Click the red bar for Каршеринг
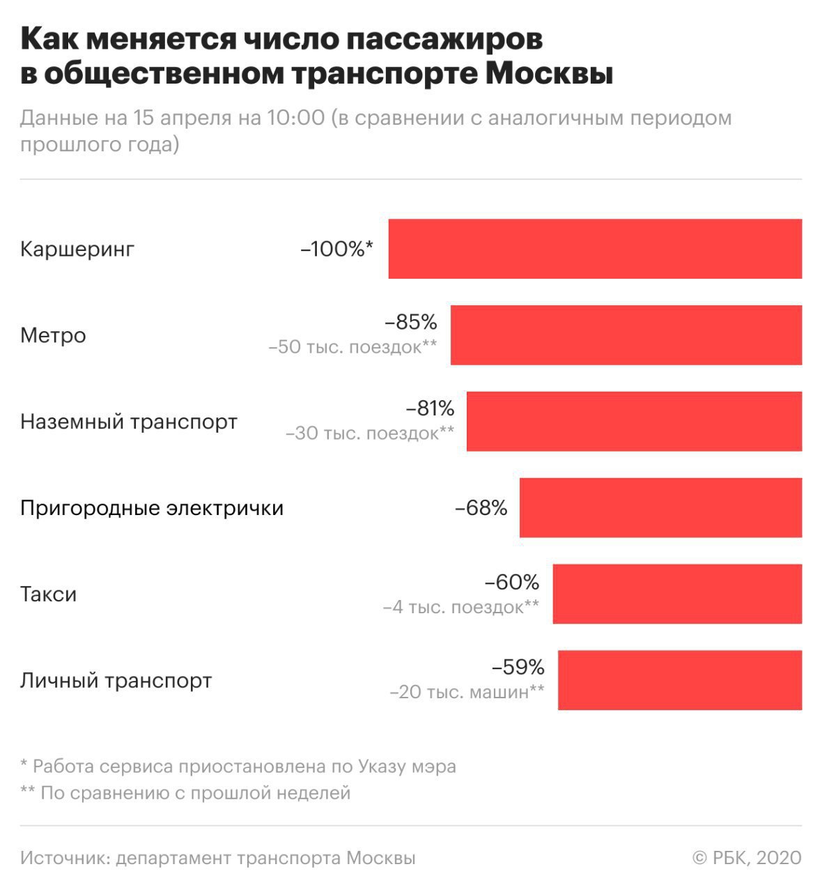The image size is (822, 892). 595,249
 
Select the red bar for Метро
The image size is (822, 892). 626,335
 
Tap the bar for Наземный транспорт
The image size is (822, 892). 634,422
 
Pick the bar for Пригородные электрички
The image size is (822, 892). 660,508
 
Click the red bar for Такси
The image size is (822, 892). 677,594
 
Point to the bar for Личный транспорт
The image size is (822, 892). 680,680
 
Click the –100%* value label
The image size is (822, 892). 337,249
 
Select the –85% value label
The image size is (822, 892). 411,323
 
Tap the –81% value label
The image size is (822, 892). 430,408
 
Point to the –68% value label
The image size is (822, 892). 481,508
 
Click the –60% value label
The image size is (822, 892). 512,581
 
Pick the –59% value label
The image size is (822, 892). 518,668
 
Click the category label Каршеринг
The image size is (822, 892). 77,249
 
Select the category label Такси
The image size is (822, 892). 48,594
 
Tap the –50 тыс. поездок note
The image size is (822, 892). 352,347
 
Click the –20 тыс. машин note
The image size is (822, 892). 467,693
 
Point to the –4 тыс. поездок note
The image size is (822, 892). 460,607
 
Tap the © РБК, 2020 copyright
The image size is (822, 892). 747,858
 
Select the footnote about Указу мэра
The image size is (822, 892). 238,767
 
